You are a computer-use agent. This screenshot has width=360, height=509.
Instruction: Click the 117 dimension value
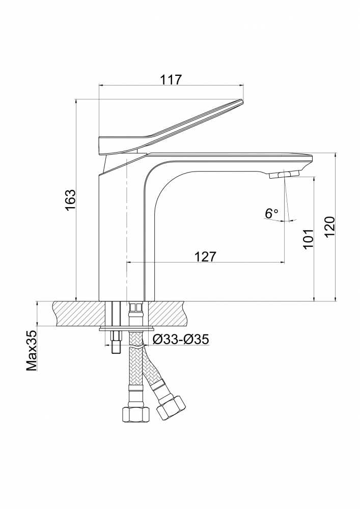(x=171, y=79)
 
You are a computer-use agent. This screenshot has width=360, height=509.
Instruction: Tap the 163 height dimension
(x=70, y=200)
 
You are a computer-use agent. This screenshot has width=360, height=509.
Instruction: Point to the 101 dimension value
(x=309, y=239)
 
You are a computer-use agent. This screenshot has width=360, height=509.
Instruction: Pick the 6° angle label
(x=272, y=213)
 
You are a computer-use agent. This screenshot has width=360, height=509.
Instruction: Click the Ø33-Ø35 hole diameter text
(x=180, y=340)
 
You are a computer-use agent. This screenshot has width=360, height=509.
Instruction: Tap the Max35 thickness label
(x=32, y=351)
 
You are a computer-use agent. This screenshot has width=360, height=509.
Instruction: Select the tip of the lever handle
(x=242, y=101)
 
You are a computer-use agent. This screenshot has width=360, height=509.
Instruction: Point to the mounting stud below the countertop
(x=116, y=343)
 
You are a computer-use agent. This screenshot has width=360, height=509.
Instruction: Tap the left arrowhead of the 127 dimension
(x=128, y=262)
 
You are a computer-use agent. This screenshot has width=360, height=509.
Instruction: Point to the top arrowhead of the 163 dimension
(x=76, y=102)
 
